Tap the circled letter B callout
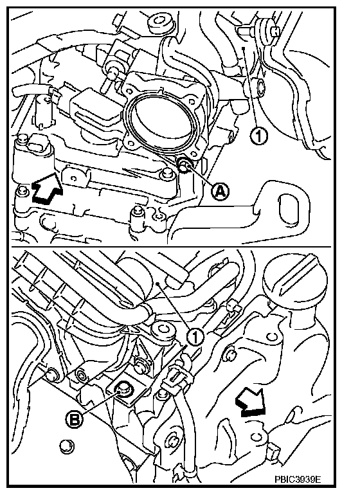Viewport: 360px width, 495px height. click(x=75, y=420)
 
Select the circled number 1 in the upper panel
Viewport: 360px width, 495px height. click(x=258, y=136)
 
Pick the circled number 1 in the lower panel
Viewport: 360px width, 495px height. click(x=195, y=337)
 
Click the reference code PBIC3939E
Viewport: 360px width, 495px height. click(x=298, y=479)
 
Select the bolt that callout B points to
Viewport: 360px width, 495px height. click(x=123, y=389)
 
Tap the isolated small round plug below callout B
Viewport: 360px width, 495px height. click(x=67, y=446)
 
